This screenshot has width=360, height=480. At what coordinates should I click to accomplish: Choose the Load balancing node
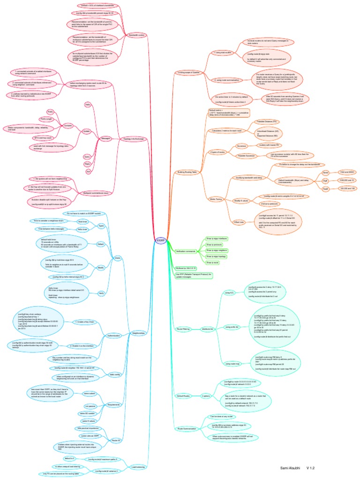click(x=138, y=467)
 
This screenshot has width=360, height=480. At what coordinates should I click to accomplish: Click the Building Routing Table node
click(x=187, y=172)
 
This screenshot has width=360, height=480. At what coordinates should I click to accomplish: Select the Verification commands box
click(x=186, y=252)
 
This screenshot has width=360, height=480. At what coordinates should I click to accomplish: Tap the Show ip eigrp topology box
click(x=216, y=257)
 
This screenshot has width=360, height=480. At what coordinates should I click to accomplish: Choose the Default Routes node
click(x=183, y=396)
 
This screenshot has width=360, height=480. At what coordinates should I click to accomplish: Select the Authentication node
click(x=110, y=336)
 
